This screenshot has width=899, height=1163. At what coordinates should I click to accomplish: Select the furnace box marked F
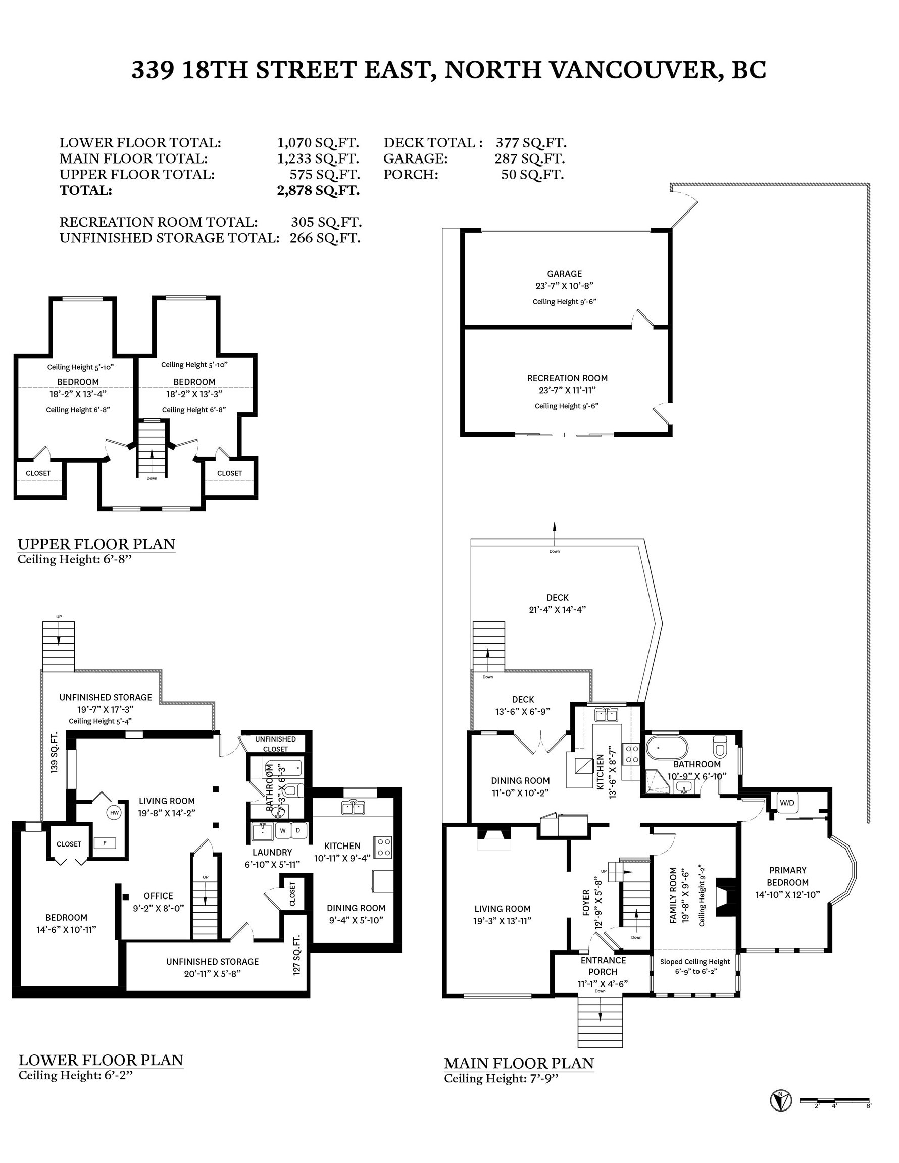[105, 843]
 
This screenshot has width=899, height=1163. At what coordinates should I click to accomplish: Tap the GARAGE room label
[564, 274]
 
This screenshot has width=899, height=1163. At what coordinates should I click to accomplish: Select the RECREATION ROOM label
[567, 378]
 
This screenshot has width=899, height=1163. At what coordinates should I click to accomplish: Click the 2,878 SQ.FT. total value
[318, 191]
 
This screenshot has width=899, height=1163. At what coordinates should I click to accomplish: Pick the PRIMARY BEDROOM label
[787, 876]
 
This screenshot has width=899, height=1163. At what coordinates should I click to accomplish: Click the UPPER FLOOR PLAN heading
[96, 544]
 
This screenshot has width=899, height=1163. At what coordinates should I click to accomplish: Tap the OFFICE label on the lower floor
[158, 896]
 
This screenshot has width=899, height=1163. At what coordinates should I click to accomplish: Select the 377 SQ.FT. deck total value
[531, 143]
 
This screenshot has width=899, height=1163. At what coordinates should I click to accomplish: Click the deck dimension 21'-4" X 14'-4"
[558, 610]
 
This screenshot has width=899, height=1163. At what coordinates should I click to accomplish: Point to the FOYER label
[586, 903]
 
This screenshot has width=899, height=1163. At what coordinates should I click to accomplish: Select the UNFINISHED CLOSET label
[275, 744]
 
